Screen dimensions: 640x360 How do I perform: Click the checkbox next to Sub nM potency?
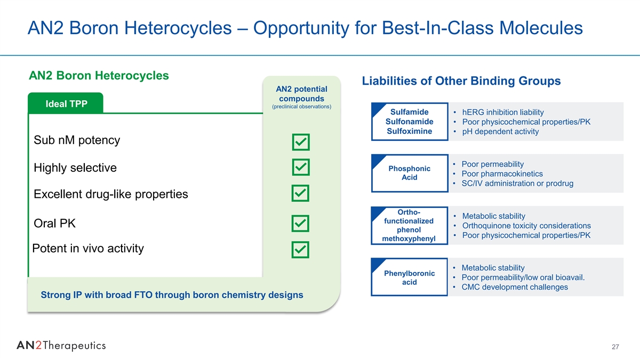301,142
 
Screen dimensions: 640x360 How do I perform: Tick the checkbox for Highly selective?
301,167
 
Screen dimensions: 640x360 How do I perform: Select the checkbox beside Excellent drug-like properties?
300,193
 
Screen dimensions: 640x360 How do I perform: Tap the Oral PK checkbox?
300,223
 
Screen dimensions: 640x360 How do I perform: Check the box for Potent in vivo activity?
300,250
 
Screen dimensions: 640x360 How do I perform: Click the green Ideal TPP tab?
66,103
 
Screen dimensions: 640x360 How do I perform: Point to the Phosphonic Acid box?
410,173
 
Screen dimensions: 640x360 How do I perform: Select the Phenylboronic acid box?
410,277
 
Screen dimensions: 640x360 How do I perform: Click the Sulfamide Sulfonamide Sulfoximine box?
410,122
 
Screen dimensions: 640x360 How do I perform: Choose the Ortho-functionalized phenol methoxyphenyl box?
410,226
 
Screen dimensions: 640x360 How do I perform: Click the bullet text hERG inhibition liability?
503,113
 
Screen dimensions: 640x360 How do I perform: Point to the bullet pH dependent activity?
500,131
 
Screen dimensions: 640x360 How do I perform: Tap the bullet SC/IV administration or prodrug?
517,183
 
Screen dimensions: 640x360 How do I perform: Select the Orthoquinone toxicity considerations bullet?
526,226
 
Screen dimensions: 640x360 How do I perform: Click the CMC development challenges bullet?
515,287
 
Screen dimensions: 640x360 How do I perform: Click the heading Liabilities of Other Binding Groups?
461,81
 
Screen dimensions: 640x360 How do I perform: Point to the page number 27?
615,347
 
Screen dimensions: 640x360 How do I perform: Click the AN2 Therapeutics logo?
61,346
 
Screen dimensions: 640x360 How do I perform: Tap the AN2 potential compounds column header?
301,97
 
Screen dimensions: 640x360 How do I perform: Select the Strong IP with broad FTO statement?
172,295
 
